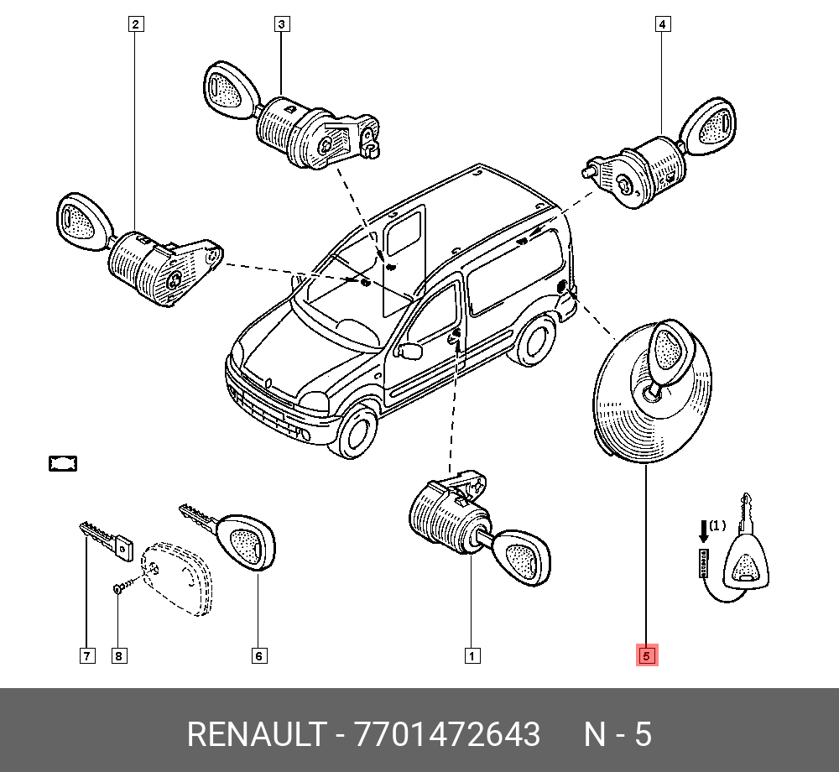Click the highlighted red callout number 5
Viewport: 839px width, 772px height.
tap(646, 655)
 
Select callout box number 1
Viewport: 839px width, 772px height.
tap(472, 655)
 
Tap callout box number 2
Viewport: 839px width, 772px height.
tap(136, 24)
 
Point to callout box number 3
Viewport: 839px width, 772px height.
tap(282, 24)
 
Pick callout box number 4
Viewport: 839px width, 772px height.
tap(663, 24)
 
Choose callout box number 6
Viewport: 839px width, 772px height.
tap(259, 655)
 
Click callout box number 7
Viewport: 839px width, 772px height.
tap(87, 655)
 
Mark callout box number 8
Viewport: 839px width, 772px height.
tap(119, 655)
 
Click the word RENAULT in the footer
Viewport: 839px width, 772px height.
tap(257, 734)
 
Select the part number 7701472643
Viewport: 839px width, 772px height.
tap(447, 734)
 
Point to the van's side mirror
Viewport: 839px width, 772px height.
tap(409, 351)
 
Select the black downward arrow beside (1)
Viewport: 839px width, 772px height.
tap(704, 531)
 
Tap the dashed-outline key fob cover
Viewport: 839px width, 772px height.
tap(176, 579)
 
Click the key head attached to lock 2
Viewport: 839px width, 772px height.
tap(84, 222)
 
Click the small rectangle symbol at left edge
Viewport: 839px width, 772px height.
tap(63, 463)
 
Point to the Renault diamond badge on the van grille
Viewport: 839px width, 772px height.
tap(268, 382)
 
